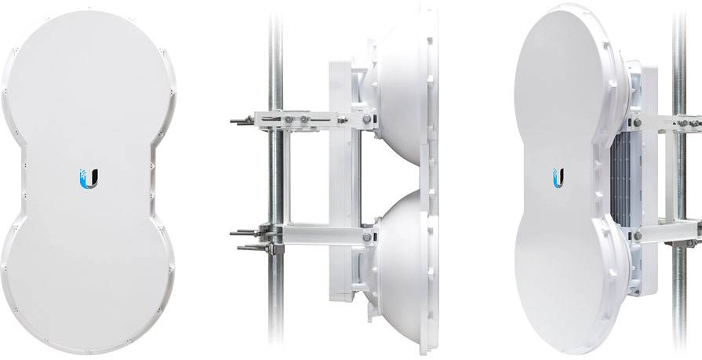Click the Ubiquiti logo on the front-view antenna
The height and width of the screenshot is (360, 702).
point(90,178)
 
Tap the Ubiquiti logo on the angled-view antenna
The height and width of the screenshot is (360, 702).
point(558,176)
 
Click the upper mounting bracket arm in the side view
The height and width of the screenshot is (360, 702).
point(314,120)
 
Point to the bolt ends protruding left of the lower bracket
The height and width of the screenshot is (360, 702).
point(243,238)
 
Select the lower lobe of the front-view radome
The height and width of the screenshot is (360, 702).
point(88,275)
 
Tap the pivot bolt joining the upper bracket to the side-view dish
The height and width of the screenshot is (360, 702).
point(367,119)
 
